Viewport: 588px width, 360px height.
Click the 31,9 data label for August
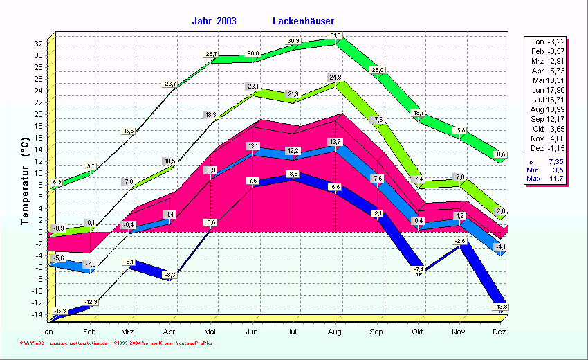pyautogui.click(x=336, y=35)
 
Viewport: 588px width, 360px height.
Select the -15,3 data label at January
pyautogui.click(x=59, y=311)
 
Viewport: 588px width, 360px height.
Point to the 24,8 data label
pyautogui.click(x=336, y=77)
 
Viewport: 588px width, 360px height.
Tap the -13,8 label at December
pyautogui.click(x=500, y=307)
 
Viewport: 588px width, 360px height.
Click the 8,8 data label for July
pyautogui.click(x=293, y=174)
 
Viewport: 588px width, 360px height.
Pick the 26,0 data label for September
pyautogui.click(x=378, y=70)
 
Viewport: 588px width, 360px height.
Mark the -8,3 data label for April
pyautogui.click(x=169, y=275)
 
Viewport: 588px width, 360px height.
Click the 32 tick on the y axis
pyautogui.click(x=38, y=44)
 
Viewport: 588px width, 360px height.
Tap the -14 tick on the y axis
pyautogui.click(x=37, y=314)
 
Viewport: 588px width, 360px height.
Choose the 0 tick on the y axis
pyautogui.click(x=40, y=232)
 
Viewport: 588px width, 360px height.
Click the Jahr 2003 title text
pyautogui.click(x=214, y=21)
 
